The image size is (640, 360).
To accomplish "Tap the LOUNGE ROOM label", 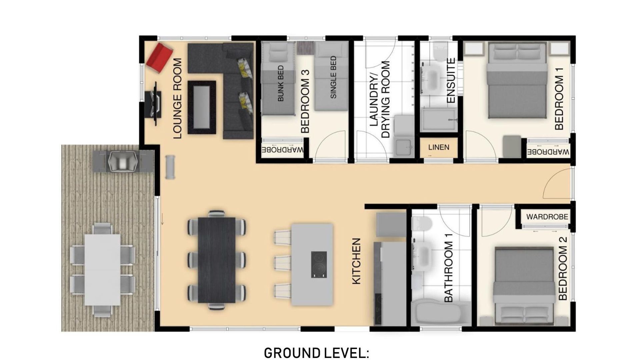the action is point(178,98).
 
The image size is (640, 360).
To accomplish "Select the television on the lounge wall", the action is point(155,103).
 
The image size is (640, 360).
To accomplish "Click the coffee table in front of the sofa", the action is point(202,107).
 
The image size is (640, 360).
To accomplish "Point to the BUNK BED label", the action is point(281,83).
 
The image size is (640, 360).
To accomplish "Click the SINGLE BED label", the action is point(333,77).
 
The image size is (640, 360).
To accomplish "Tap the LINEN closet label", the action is point(439,147).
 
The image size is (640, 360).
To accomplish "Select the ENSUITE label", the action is point(451,81).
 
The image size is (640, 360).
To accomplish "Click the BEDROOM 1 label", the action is point(559,98).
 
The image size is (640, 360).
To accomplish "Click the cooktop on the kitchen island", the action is point(319,265).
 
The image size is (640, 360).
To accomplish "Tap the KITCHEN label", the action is point(356,261).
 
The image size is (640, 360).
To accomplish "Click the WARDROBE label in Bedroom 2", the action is point(547,217).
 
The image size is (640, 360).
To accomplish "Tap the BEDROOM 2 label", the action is point(562,268).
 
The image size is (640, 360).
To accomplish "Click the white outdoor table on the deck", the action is point(102,270).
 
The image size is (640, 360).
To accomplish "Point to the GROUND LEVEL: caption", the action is point(316,353).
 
